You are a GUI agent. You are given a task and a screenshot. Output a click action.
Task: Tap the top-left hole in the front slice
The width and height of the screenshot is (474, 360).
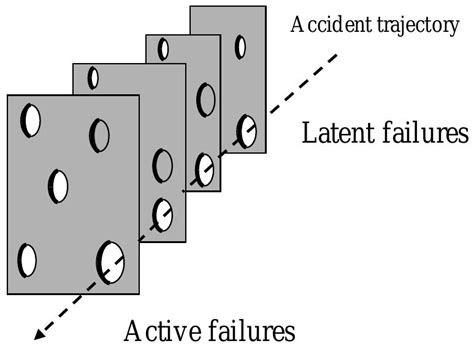(32, 120)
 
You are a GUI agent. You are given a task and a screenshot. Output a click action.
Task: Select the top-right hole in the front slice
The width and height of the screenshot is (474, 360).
(98, 133)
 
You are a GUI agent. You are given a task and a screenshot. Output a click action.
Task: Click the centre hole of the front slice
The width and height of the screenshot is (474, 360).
(59, 185)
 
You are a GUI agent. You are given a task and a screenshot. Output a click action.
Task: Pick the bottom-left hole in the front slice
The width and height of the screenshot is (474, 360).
(27, 259)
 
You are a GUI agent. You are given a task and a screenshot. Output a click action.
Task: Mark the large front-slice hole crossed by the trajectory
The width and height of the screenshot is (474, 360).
(110, 261)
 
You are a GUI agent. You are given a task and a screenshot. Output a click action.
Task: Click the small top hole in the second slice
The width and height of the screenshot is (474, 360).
(93, 77)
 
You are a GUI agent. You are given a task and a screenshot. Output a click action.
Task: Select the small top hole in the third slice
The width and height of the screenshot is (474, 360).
(163, 49)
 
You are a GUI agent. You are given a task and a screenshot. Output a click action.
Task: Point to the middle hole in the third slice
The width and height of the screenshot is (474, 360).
(206, 99)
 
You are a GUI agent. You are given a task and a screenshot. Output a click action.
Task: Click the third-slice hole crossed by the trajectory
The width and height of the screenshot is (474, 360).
(204, 169)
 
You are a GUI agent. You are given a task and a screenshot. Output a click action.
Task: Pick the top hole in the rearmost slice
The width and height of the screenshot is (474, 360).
(240, 46)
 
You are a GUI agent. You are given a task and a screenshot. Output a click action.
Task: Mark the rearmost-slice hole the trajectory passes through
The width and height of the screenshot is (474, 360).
(246, 130)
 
